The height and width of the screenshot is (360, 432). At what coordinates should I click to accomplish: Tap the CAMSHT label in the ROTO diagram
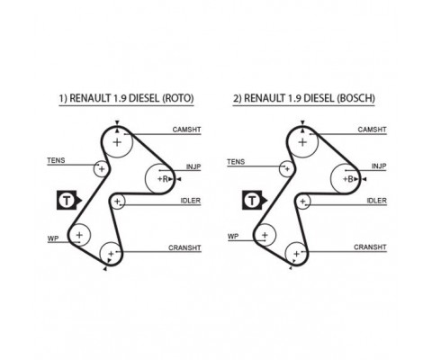pos(186,130)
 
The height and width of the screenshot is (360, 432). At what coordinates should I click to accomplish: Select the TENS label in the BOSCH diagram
pos(236,162)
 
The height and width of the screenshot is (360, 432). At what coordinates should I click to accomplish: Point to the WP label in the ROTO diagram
pos(53,238)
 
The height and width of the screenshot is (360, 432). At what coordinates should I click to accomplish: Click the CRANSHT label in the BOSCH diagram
pos(370,247)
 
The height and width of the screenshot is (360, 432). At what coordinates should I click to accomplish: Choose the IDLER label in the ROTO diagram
pos(191,201)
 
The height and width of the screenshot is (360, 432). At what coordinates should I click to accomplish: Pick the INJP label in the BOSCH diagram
pos(379,166)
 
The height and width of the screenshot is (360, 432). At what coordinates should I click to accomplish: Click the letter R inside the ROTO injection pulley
pos(165,179)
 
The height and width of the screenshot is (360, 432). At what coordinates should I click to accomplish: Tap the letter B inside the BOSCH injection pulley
pos(350,179)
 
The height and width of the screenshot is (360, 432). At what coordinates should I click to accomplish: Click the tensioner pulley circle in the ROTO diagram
pos(94,169)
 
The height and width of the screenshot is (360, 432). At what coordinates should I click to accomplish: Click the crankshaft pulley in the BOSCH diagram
pos(285,254)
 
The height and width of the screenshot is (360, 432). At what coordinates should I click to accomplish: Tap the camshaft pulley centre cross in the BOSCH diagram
pos(302,142)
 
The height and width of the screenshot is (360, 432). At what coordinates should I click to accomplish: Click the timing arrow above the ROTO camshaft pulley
pos(117,122)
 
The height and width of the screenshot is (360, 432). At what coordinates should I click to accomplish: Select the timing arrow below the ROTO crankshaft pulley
pos(104,269)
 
